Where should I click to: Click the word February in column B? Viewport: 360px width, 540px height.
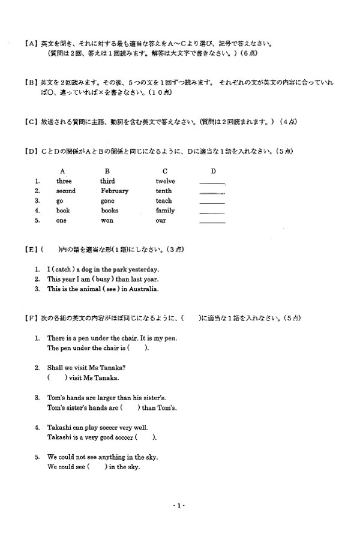pyautogui.click(x=114, y=191)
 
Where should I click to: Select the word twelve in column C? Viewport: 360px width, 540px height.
pyautogui.click(x=165, y=181)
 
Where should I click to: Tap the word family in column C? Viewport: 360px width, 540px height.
pyautogui.click(x=165, y=211)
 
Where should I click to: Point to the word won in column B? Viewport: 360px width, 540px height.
pyautogui.click(x=107, y=220)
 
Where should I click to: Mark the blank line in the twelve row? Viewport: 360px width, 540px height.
pyautogui.click(x=212, y=183)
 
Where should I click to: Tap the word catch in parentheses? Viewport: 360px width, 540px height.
pyautogui.click(x=63, y=269)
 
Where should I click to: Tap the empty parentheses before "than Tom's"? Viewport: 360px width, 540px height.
pyautogui.click(x=130, y=408)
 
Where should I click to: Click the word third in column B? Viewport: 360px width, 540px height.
pyautogui.click(x=107, y=181)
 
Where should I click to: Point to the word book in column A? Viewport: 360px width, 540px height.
pyautogui.click(x=63, y=211)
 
